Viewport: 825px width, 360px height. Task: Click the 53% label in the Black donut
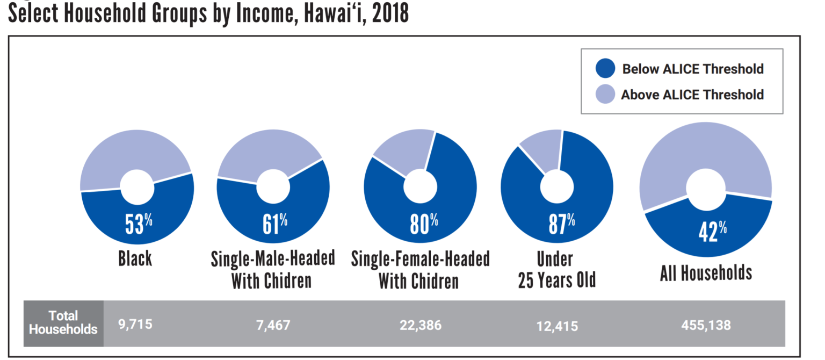click(x=139, y=224)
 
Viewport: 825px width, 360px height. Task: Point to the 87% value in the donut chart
click(x=561, y=224)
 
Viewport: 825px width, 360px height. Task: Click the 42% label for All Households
click(x=712, y=232)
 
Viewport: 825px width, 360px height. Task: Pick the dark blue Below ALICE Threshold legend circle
click(x=605, y=69)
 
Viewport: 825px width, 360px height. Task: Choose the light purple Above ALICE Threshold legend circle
click(x=605, y=95)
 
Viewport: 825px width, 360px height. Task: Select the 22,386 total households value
click(x=421, y=325)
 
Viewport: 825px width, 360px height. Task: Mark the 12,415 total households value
click(x=557, y=326)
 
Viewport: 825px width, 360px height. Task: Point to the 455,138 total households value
click(x=706, y=325)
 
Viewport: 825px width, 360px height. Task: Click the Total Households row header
click(x=63, y=322)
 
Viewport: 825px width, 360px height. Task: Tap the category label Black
click(x=135, y=258)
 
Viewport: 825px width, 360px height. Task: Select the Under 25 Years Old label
click(x=556, y=270)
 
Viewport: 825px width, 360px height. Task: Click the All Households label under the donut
click(x=706, y=273)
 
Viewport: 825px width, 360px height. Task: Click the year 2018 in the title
click(x=389, y=13)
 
